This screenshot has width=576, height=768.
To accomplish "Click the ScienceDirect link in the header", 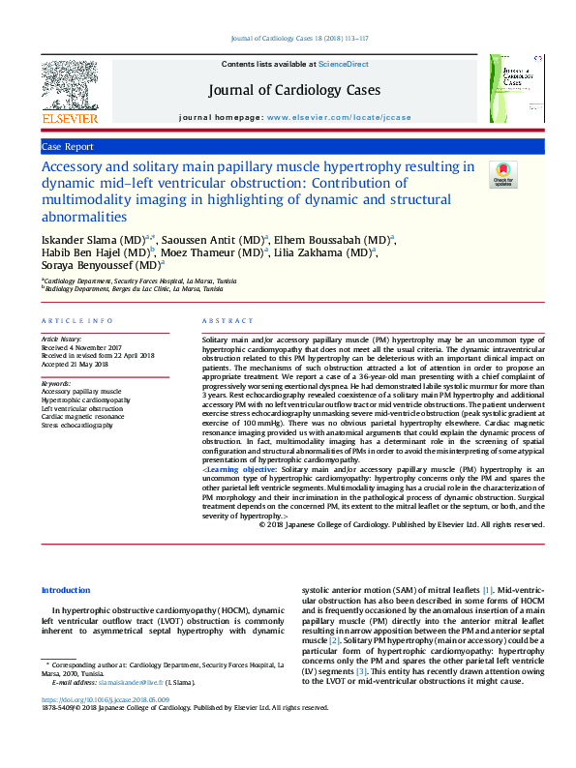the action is pos(345,64).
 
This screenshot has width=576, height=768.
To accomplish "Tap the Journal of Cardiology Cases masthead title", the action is pos(293,91).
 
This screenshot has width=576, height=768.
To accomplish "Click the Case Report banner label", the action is pos(68,146).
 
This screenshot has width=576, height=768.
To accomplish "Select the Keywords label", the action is pos(56,383).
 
